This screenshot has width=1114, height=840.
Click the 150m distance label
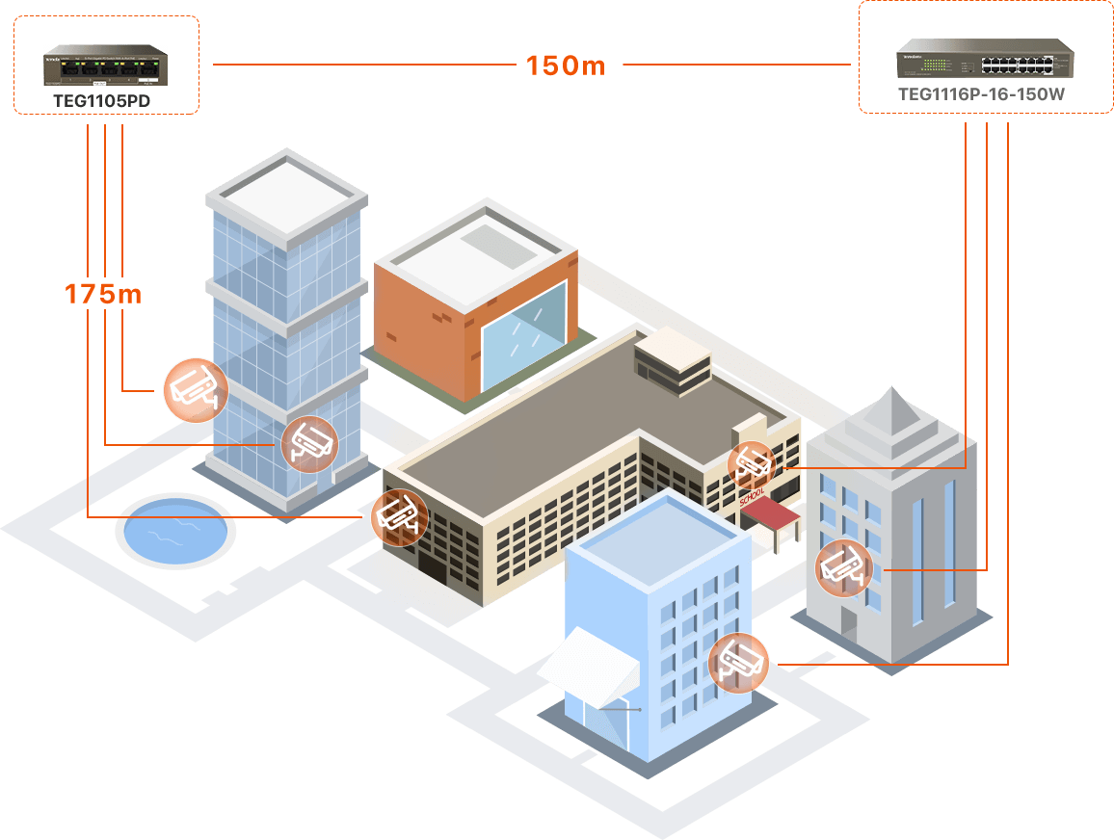[566, 66]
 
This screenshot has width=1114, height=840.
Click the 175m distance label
[103, 294]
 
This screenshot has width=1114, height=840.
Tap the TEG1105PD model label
[103, 100]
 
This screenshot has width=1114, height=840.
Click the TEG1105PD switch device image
[104, 68]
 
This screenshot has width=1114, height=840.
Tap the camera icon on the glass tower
[309, 444]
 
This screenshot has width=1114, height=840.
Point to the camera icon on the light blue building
[739, 664]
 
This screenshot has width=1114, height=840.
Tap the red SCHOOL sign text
[752, 496]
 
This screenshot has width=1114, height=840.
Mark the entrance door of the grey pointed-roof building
[848, 620]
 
